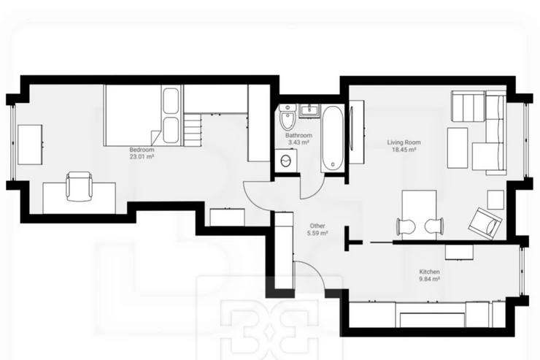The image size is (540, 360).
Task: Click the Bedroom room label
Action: pos(142,150)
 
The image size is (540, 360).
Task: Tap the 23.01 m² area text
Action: pos(142,157)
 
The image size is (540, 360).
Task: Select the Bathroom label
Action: pos(298,135)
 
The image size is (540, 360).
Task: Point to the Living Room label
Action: pos(404,142)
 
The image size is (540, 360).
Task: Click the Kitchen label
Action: pos(430,272)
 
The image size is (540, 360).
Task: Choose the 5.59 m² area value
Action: pos(317,233)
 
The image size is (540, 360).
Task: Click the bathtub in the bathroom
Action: pos(332,139)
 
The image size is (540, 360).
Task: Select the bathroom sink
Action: pos(309,110)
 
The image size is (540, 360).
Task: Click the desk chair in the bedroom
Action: pos(80,186)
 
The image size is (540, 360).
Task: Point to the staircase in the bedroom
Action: pos(193,130)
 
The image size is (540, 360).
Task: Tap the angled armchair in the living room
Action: pos(485,223)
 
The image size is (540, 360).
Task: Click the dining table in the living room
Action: pos(419,214)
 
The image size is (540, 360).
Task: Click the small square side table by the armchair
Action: pos(495,200)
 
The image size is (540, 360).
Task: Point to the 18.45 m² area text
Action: pos(404,150)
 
